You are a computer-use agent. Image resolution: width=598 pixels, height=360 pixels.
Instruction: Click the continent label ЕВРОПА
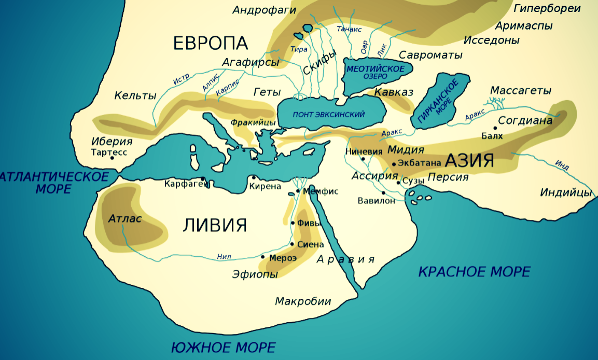coord(210,43)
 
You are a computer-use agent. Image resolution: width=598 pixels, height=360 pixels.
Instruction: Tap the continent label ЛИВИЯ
coord(214,225)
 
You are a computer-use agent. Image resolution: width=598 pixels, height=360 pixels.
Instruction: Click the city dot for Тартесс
coord(112,158)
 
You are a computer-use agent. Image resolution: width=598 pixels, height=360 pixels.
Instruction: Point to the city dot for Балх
coord(495,128)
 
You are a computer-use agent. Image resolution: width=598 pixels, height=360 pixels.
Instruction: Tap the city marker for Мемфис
coord(298,191)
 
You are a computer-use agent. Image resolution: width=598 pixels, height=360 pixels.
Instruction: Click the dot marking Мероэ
coord(263,257)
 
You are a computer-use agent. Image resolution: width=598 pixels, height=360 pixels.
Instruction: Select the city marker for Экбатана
coord(394,164)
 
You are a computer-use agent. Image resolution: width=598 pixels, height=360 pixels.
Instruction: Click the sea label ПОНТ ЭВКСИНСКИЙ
coord(329,114)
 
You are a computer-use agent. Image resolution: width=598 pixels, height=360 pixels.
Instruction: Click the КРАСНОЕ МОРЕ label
coord(474,271)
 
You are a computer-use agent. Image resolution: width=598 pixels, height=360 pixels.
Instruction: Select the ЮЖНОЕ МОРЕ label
coord(223,347)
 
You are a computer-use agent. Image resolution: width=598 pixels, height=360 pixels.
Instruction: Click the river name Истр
coord(181,79)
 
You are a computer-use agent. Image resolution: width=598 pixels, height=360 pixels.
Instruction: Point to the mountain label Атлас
coord(125,218)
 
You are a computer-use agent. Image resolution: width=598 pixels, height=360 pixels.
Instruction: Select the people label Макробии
coord(303,301)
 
